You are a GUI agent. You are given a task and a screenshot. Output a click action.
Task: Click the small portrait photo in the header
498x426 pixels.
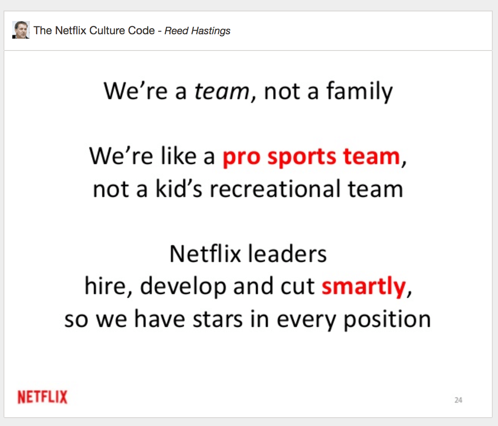point(21,30)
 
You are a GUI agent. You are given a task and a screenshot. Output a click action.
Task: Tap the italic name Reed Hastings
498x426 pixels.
point(198,31)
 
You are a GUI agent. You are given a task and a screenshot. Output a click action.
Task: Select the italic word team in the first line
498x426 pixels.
point(222,91)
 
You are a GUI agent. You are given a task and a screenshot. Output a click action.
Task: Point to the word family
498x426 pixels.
point(359,92)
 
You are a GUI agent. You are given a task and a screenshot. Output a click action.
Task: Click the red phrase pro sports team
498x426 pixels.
point(311,157)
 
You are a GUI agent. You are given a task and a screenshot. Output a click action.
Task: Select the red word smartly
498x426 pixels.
point(363,287)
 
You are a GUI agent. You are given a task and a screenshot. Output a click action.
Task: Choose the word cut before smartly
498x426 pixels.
point(297,287)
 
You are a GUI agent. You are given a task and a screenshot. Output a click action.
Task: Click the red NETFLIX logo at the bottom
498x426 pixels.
point(43,397)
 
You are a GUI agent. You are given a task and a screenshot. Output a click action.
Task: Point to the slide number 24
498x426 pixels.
point(458,400)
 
